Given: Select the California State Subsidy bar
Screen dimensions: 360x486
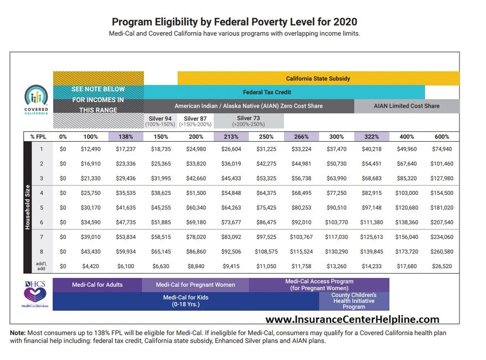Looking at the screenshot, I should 318,79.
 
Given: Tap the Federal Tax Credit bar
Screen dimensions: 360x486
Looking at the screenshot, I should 267,92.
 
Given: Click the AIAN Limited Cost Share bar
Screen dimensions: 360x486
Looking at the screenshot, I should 406,106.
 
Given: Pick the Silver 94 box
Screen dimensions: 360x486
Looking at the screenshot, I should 161,121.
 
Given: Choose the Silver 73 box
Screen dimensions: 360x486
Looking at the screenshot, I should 249,121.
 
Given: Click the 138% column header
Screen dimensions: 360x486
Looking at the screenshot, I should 126,136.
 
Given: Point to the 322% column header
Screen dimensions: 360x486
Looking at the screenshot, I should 370,136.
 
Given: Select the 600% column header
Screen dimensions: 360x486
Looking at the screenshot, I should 442,136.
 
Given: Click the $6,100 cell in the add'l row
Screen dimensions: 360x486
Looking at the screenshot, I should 126,266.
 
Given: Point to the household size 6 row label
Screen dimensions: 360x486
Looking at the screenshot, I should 40,222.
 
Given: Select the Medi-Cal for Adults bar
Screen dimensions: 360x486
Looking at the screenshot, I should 97,285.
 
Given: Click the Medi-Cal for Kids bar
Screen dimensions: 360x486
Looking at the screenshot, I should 186,301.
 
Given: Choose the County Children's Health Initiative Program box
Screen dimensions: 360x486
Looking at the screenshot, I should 354,301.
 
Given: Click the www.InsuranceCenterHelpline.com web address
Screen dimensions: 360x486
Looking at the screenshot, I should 352,320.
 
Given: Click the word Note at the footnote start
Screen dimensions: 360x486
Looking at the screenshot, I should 18,333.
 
